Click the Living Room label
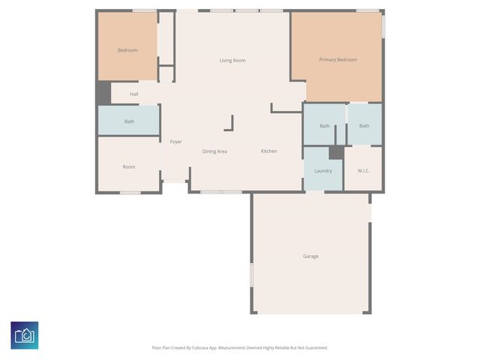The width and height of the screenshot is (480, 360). (232, 61)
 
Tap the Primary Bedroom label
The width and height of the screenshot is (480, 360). (337, 60)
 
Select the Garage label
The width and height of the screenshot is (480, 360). (310, 256)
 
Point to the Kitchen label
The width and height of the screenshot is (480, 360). (268, 151)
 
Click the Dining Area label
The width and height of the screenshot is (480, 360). (214, 151)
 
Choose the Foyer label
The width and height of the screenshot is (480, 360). (175, 142)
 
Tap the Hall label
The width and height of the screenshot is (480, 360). (133, 94)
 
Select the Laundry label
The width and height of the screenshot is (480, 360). (323, 171)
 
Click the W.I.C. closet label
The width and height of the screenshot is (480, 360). (363, 171)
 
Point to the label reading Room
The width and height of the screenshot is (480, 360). (129, 166)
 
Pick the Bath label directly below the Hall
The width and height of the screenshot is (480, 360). (129, 121)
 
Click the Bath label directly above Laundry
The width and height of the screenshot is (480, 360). (324, 126)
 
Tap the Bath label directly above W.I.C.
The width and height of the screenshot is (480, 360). (364, 126)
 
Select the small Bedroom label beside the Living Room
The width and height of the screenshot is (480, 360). (127, 50)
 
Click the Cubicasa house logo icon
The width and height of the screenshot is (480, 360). (25, 334)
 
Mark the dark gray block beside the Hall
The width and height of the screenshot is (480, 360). (103, 93)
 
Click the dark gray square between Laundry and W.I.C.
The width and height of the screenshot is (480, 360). (336, 152)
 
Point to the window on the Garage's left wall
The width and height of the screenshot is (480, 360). (251, 274)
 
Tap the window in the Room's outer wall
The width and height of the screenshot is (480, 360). (130, 193)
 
